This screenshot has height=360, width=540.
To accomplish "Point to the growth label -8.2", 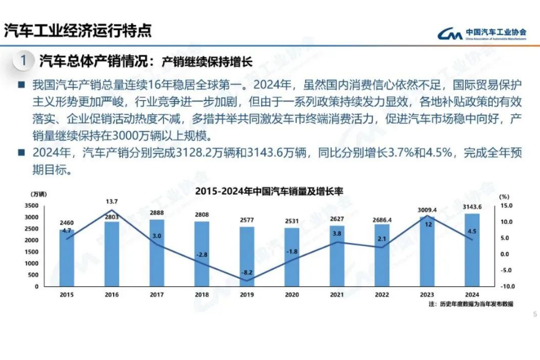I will [x=246, y=272].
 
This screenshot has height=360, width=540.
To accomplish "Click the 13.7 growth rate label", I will [x=111, y=202].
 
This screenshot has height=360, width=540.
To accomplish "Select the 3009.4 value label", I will [x=427, y=210].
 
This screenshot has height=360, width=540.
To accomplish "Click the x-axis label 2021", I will [x=337, y=295].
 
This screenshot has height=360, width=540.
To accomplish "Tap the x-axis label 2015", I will [x=66, y=295].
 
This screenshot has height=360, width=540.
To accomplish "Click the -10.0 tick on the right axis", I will [x=506, y=286].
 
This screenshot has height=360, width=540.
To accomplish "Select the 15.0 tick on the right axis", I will [x=506, y=206].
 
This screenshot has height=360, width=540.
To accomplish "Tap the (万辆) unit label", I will [x=37, y=195].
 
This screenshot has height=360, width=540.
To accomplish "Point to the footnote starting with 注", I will [x=471, y=304].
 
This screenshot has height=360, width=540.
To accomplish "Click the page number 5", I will [x=534, y=315].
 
